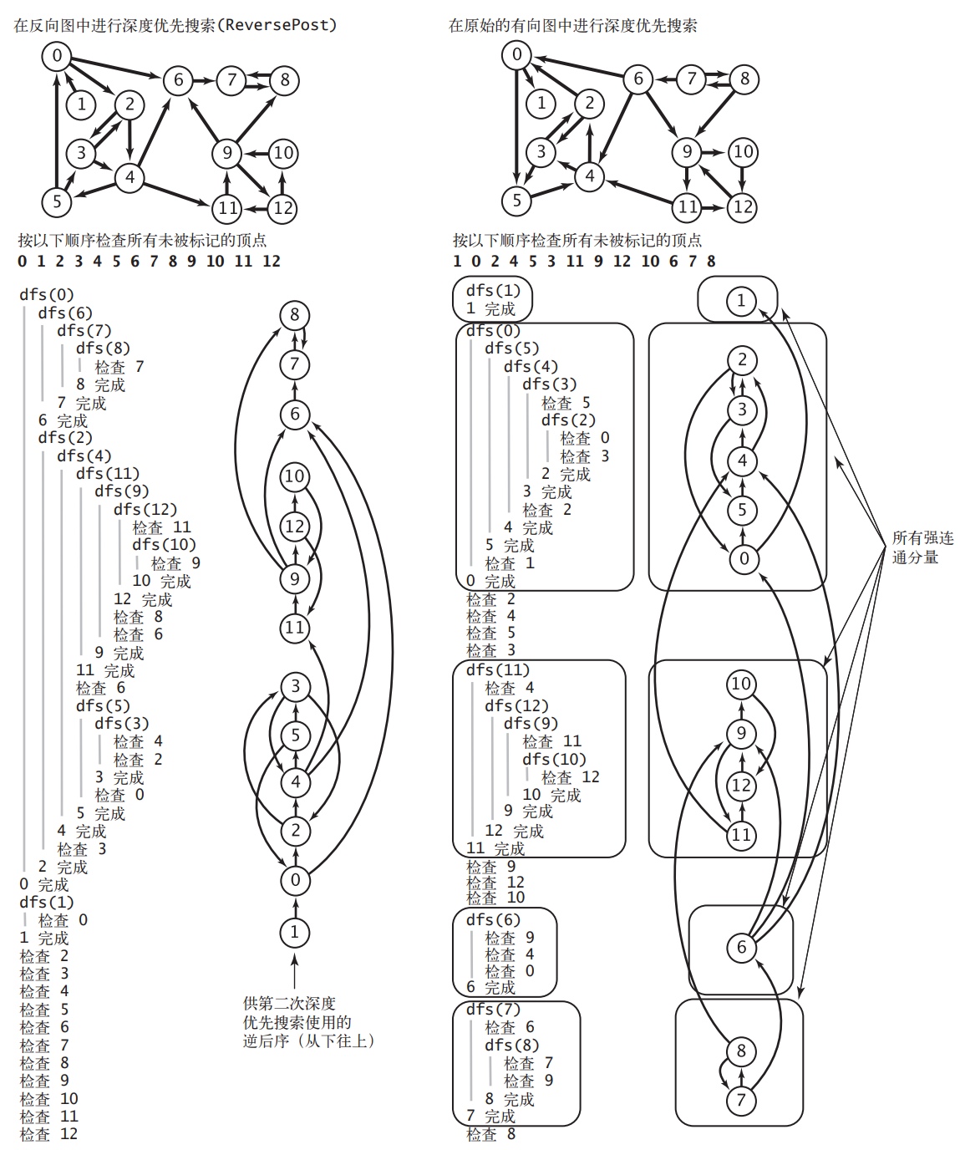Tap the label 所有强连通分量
[922, 547]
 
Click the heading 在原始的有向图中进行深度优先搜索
[572, 25]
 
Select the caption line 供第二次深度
[289, 1003]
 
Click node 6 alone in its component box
[741, 947]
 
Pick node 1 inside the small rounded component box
[740, 301]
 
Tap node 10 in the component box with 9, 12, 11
[741, 684]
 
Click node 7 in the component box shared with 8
[741, 1100]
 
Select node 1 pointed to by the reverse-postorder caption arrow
[294, 932]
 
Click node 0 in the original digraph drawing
[516, 55]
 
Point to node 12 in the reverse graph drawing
[283, 208]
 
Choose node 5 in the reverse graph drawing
[57, 201]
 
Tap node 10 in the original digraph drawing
[743, 152]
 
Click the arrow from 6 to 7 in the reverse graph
[205, 80]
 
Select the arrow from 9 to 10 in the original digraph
[714, 152]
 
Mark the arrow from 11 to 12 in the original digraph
[714, 207]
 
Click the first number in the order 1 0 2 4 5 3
[457, 261]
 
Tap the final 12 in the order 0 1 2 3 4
[272, 261]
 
